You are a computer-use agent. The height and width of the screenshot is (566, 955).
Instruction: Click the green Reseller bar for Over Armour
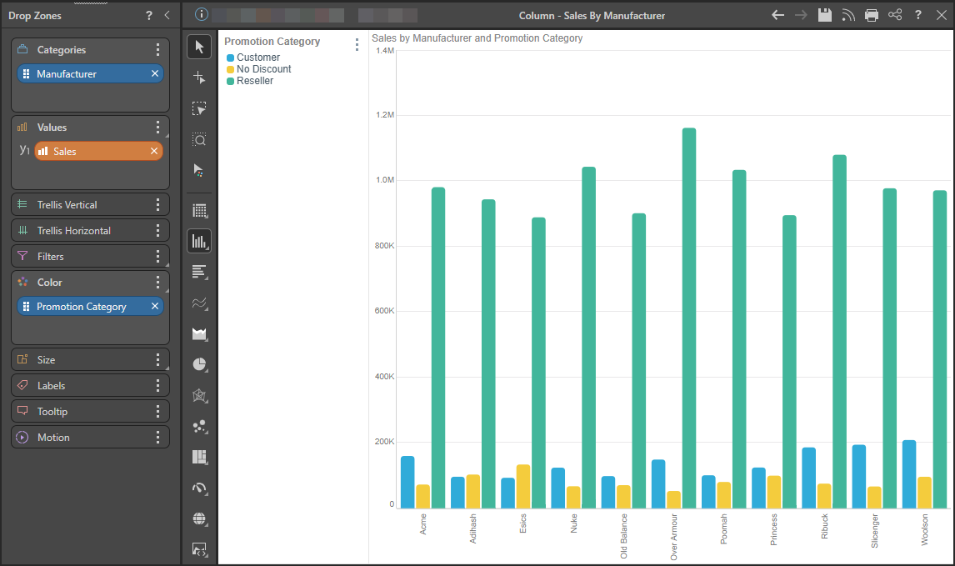coord(689,318)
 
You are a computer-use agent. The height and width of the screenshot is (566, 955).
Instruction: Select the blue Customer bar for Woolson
coord(908,474)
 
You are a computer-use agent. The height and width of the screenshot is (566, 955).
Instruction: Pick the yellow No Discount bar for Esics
coord(523,486)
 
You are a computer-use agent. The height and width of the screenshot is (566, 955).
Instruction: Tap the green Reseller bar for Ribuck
coord(839,332)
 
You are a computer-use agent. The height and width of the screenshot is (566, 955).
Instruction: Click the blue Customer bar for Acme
coord(407,482)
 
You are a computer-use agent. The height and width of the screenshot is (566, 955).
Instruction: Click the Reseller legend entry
coord(250,80)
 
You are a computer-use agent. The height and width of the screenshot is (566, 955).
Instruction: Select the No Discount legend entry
coord(259,69)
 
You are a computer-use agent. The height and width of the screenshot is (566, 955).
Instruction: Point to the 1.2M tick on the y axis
coord(385,114)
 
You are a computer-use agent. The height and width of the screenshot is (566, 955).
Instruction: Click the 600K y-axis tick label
coord(385,311)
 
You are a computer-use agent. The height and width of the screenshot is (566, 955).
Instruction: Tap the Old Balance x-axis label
coord(623,536)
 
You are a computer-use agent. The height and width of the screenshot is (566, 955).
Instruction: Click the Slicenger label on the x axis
coord(875,531)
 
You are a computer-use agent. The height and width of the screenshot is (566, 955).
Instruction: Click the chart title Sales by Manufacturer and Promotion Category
coord(477,38)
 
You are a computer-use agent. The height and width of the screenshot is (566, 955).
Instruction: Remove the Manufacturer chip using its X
coord(155,73)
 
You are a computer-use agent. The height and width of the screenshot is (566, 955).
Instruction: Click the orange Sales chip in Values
coord(98,151)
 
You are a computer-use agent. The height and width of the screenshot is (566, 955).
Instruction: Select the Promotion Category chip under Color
coord(90,307)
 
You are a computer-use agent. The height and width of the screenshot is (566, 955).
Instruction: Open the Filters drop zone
coord(90,257)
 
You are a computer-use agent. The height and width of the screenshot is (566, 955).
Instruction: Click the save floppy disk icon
coord(825,15)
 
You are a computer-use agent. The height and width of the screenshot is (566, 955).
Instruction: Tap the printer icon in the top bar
coord(872,15)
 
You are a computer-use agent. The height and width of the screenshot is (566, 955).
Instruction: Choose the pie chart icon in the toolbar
coord(199,364)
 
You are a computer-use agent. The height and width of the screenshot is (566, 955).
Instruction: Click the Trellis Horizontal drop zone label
coord(73,231)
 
